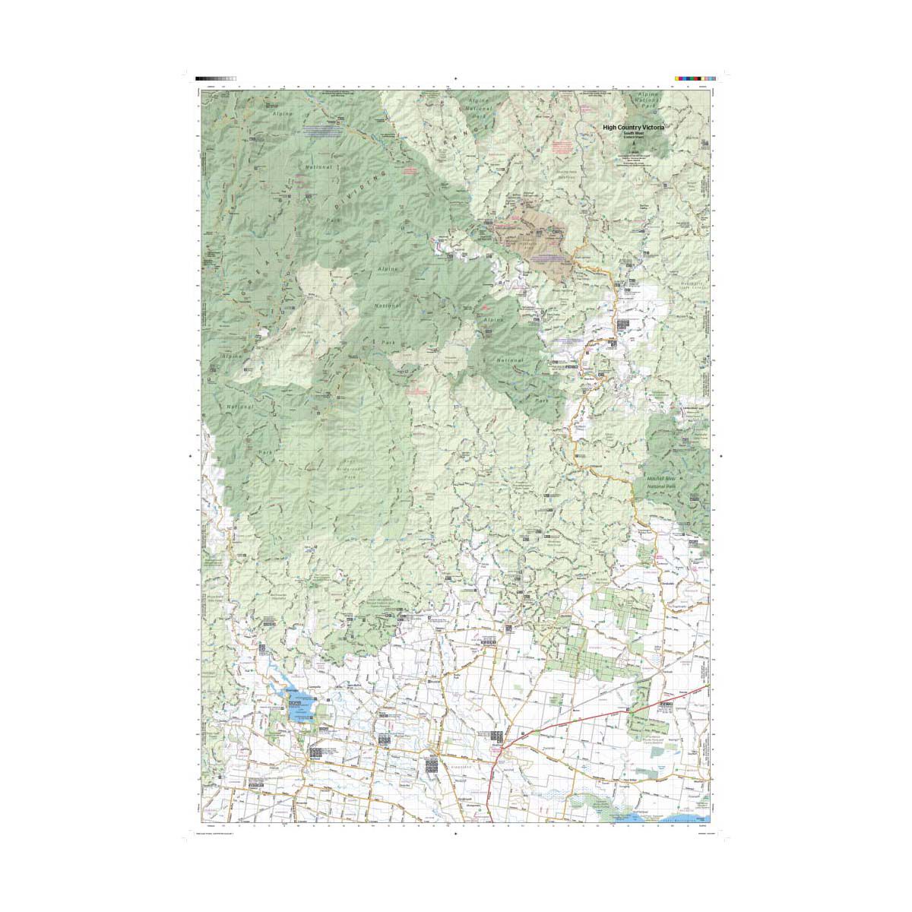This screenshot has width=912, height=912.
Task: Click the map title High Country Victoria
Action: pyautogui.click(x=633, y=128)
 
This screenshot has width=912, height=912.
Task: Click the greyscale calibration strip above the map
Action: pyautogui.click(x=216, y=78)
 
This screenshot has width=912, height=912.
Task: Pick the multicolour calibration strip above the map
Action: pyautogui.click(x=695, y=78)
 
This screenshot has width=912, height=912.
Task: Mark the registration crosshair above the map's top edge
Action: pyautogui.click(x=455, y=78)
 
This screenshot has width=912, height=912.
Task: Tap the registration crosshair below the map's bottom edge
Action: pyautogui.click(x=455, y=833)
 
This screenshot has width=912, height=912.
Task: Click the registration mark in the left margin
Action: pyautogui.click(x=190, y=456)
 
